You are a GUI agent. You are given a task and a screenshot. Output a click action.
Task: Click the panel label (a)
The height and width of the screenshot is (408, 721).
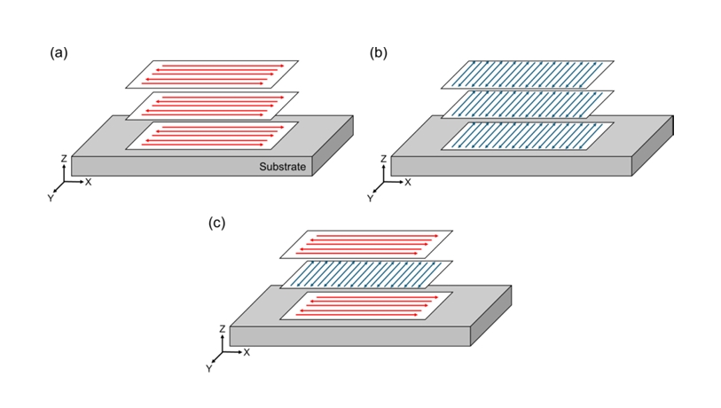coord(59,52)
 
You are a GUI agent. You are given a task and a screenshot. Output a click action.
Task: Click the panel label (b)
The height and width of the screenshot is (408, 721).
coord(378,52)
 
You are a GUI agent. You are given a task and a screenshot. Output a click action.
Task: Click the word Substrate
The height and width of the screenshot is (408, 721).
coord(282,166)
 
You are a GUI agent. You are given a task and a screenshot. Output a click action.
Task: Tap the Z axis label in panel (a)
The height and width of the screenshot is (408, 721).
coord(63,159)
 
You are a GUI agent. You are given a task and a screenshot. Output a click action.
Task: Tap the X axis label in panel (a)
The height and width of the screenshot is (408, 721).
coord(89,182)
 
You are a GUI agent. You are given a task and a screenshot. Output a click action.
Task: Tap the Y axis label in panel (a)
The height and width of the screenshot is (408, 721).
coord(51,198)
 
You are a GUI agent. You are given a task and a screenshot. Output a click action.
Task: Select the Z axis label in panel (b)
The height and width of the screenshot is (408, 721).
coord(382,159)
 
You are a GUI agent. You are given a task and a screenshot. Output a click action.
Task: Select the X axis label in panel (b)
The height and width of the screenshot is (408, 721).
coord(408,182)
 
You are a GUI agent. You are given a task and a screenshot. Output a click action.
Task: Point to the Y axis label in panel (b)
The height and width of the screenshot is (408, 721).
coord(370,198)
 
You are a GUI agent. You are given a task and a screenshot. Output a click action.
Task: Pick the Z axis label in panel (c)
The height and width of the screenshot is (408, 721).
coord(222,329)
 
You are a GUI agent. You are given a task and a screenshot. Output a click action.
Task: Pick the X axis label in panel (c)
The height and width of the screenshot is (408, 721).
coord(247,352)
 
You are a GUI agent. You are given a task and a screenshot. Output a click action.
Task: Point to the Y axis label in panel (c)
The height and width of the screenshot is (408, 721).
coord(209,367)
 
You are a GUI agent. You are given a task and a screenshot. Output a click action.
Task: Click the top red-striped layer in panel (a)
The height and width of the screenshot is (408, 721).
coord(213,74)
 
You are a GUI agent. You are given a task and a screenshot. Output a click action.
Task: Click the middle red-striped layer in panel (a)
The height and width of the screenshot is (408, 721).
coord(213,105)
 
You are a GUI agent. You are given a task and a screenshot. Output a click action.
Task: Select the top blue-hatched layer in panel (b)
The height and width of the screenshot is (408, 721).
coord(528,75)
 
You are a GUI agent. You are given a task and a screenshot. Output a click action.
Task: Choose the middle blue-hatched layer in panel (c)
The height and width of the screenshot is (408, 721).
coord(366,274)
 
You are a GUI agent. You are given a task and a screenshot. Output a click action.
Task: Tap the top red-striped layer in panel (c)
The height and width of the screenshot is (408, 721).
coord(366,244)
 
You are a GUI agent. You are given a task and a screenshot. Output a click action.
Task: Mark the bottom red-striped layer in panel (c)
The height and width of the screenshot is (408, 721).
coord(366,305)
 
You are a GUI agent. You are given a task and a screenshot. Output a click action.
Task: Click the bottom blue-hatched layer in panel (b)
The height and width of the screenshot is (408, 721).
coord(528,136)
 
